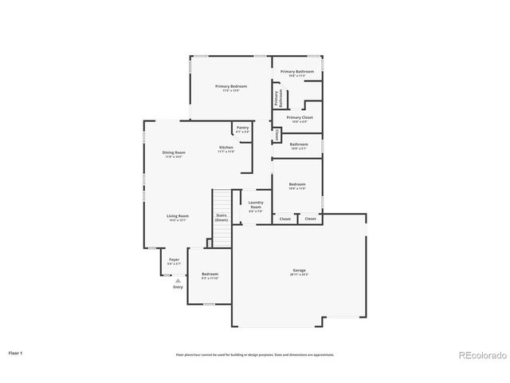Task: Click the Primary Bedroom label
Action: click(231, 86)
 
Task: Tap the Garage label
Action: click(299, 270)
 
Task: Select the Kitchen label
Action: click(226, 147)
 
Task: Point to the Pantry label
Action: click(242, 128)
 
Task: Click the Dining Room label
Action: click(174, 152)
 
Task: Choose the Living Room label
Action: click(178, 216)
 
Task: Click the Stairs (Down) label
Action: click(222, 217)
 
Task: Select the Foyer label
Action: click(174, 259)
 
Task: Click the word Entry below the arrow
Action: click(178, 286)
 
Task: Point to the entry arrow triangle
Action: click(178, 280)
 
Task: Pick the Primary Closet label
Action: click(300, 117)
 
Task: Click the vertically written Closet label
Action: click(277, 135)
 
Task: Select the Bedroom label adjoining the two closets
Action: click(296, 184)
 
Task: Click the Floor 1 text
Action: click(16, 352)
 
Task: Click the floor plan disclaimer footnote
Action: click(255, 354)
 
